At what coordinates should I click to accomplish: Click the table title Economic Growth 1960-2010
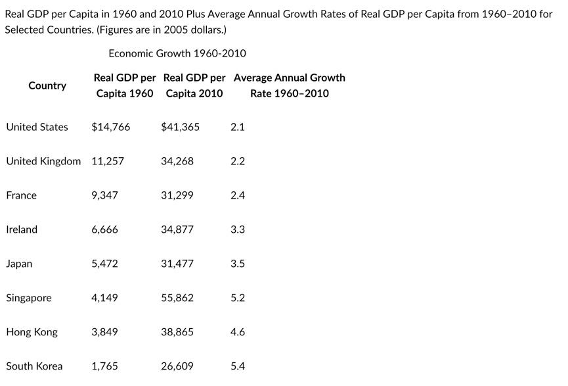(x=177, y=53)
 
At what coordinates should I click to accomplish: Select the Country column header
(x=47, y=85)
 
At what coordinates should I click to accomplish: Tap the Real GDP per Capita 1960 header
(x=125, y=85)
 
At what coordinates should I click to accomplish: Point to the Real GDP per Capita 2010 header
(x=194, y=85)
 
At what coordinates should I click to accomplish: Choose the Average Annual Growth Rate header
(x=289, y=85)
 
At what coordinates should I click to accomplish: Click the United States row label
(x=37, y=127)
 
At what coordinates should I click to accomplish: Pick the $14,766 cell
(x=111, y=127)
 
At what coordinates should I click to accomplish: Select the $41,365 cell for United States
(x=180, y=127)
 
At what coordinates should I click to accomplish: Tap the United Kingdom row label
(x=43, y=161)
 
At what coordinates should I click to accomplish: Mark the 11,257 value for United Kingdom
(x=108, y=161)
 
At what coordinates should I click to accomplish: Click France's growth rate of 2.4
(x=238, y=195)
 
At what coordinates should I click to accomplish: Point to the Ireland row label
(x=22, y=229)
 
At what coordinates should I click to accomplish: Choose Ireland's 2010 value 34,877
(x=177, y=229)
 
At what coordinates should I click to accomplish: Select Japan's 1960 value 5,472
(x=105, y=264)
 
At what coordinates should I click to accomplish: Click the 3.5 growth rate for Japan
(x=238, y=264)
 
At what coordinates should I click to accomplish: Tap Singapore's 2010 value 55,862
(x=177, y=298)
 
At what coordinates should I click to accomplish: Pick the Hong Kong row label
(x=32, y=332)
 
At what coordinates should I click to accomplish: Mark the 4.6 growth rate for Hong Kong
(x=238, y=332)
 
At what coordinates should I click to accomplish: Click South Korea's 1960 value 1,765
(x=105, y=366)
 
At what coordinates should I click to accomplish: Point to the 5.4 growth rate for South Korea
(x=238, y=366)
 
